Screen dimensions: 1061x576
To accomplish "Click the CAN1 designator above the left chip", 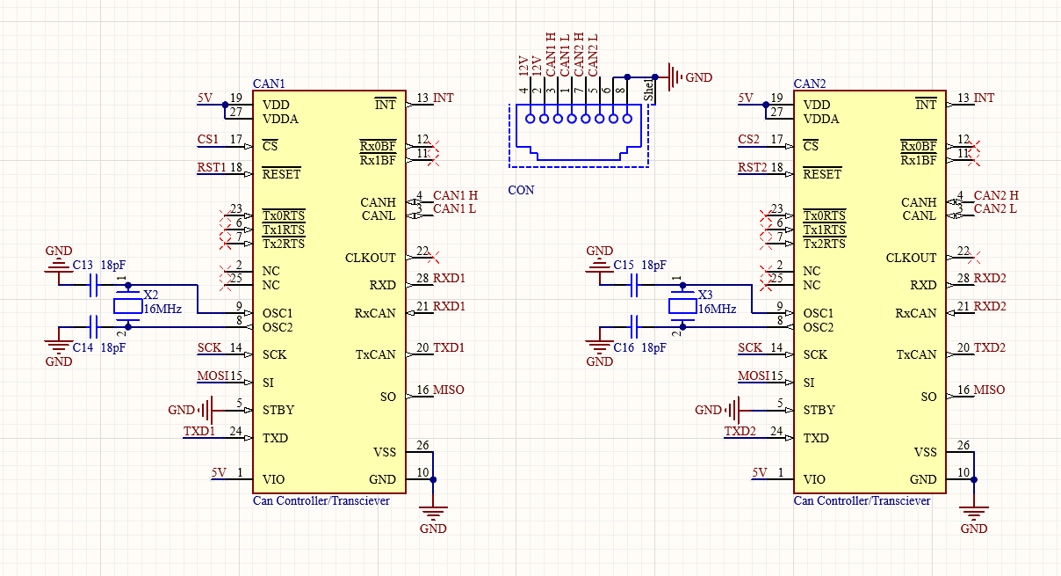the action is pos(269,84).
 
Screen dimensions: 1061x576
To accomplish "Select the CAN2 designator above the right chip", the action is pos(810,84).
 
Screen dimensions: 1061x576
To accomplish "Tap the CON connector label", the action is pos(521,190).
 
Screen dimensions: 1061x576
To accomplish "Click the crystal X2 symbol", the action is pos(128,306).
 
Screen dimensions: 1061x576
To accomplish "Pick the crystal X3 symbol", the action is pos(682,306).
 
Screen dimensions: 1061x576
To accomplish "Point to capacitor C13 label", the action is pos(83,265).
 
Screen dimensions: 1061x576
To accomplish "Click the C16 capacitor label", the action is pos(624,348).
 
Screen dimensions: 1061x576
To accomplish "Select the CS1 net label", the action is pos(208,139).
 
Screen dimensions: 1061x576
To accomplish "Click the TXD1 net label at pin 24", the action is pos(198,432).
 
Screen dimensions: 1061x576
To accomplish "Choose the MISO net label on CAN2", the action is pos(989,390).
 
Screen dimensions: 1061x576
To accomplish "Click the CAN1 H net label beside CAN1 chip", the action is pos(455,195).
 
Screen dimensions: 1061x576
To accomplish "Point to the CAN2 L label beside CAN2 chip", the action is pos(995,208).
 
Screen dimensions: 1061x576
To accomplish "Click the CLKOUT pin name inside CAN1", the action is pos(370,258).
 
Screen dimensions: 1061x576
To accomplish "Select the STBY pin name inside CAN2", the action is pos(819,410).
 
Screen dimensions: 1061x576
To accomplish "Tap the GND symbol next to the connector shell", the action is pos(675,77).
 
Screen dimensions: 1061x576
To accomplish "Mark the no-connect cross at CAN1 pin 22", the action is pos(433,258).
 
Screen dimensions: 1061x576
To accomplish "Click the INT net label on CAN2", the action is pos(984,98).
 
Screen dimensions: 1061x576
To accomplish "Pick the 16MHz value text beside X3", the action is pos(717,309).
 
